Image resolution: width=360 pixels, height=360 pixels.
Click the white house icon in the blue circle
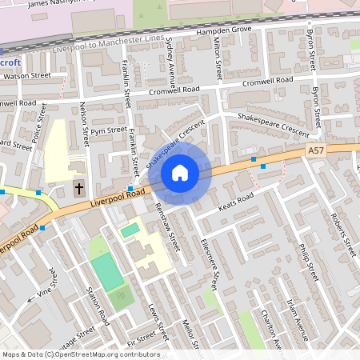coord(180,172)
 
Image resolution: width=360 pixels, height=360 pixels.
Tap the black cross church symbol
coord(78,189)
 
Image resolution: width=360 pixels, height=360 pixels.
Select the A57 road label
coord(317,150)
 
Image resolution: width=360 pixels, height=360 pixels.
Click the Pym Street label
coord(108,130)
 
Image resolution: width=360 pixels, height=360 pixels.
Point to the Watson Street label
coord(27,76)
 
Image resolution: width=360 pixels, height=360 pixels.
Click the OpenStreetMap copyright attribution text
coord(80,354)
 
